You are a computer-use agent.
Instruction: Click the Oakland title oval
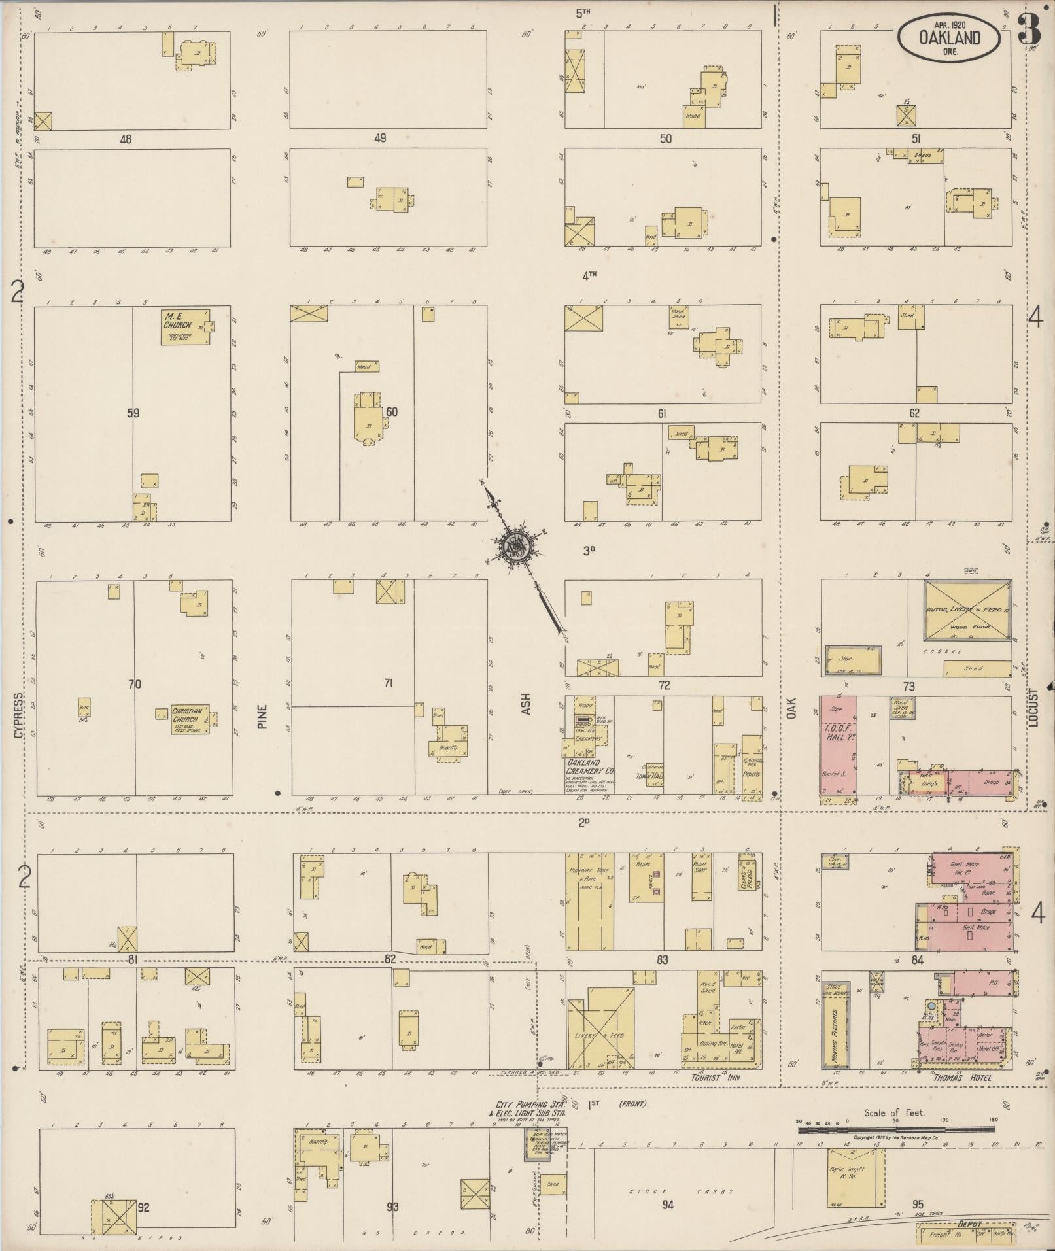(x=949, y=39)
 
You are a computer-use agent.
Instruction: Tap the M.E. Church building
(x=186, y=326)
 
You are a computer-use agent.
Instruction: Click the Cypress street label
(x=18, y=715)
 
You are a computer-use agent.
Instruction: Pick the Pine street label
(x=263, y=716)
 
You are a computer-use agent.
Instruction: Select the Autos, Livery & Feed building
(x=967, y=609)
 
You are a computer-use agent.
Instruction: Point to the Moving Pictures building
(x=834, y=1025)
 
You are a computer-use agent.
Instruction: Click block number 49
(x=380, y=138)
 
